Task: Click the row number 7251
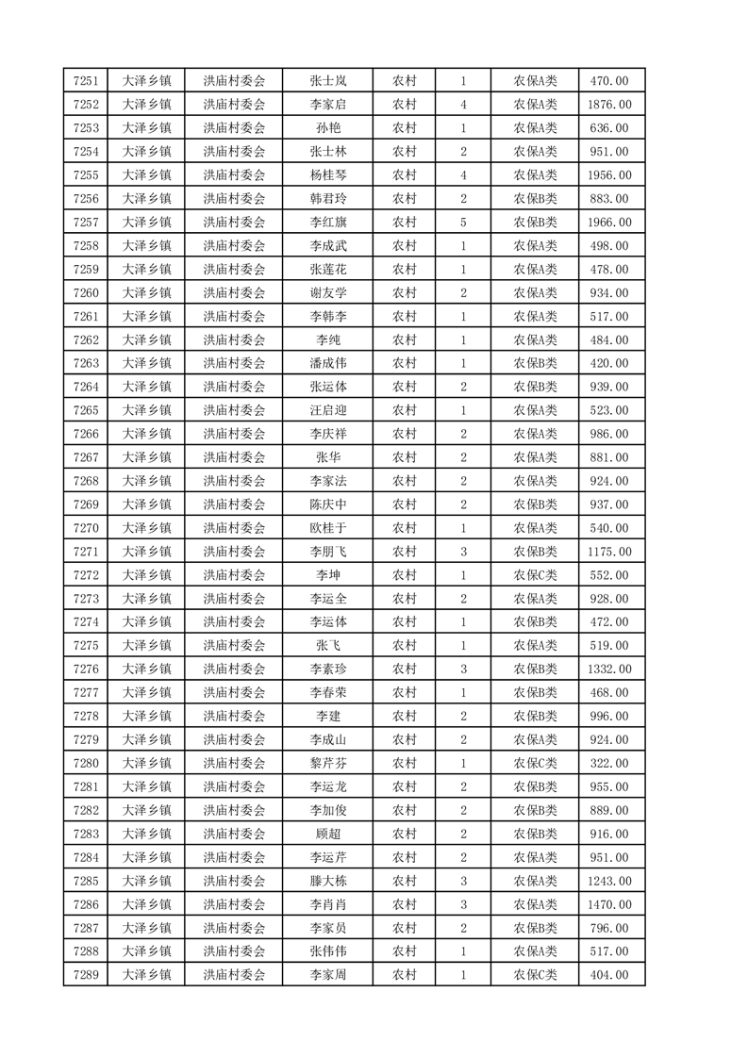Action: coord(86,81)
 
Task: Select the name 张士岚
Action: coord(328,81)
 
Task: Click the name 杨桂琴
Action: coord(328,175)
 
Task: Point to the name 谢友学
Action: coord(328,293)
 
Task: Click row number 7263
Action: coord(86,363)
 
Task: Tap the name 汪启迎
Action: coord(328,410)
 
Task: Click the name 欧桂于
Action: coord(328,528)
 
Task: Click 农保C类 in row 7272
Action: coord(535,575)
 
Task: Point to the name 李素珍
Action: coord(328,670)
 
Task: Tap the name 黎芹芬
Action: coord(328,763)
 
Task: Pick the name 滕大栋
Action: coord(328,881)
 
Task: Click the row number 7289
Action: coord(86,975)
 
